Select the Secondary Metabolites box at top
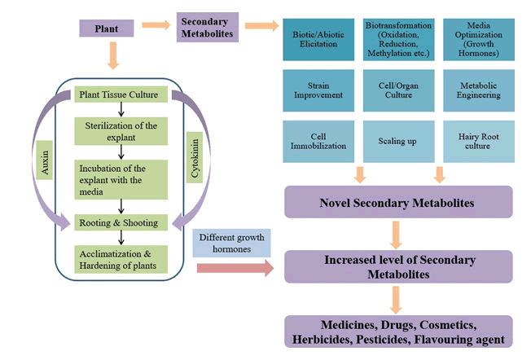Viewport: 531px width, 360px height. (x=207, y=29)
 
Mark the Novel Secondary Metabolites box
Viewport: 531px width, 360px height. (x=397, y=202)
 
